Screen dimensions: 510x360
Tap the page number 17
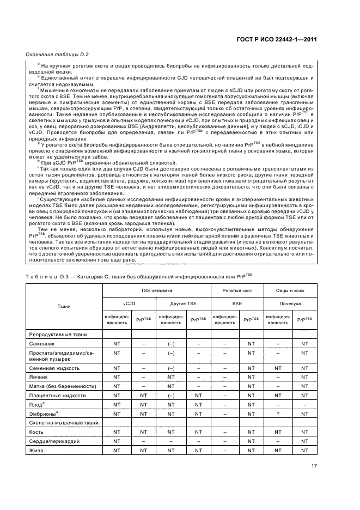coord(314,465)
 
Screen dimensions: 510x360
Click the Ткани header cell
coord(71,306)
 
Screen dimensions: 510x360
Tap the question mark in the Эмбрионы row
coord(277,414)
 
